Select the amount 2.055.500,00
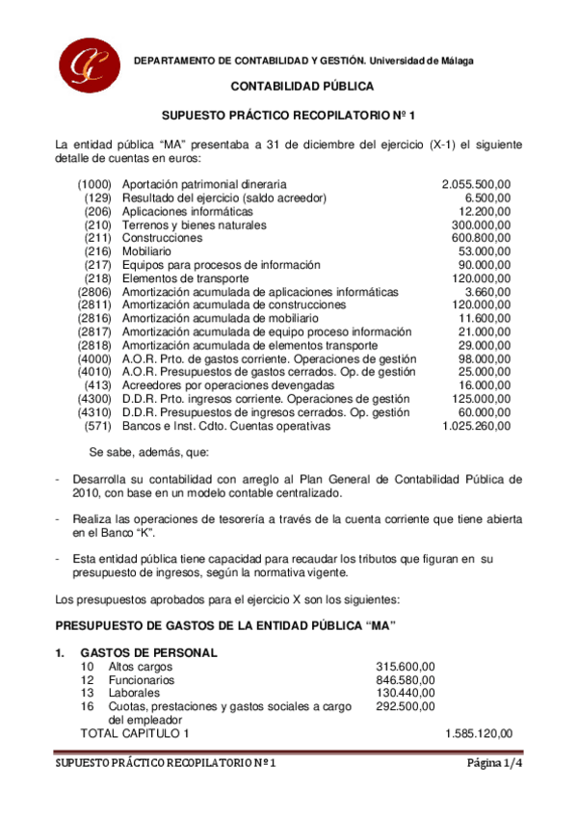(477, 184)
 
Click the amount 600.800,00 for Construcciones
(482, 238)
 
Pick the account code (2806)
(94, 291)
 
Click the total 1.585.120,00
(479, 734)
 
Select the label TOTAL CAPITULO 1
(135, 734)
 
